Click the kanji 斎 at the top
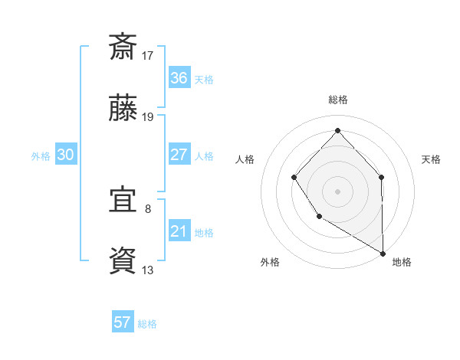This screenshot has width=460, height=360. click(123, 47)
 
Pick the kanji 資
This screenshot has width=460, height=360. click(123, 260)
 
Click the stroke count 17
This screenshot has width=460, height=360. click(148, 55)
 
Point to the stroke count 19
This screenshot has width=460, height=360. click(148, 117)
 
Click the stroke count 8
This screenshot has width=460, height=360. click(148, 208)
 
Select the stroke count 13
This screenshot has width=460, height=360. click(148, 270)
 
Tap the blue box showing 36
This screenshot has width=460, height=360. click(179, 78)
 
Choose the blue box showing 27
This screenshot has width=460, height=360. click(179, 155)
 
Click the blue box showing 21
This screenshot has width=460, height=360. click(179, 231)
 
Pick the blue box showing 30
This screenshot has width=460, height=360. click(65, 155)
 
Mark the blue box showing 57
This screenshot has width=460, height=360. click(123, 322)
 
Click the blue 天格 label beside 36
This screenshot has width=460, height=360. click(204, 80)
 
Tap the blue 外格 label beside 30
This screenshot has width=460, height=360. click(41, 156)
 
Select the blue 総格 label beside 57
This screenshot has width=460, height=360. click(147, 324)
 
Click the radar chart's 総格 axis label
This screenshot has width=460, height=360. click(337, 100)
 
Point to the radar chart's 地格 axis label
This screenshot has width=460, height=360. click(402, 262)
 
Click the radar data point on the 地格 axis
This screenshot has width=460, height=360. click(383, 253)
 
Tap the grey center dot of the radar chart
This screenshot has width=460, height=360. click(337, 191)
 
